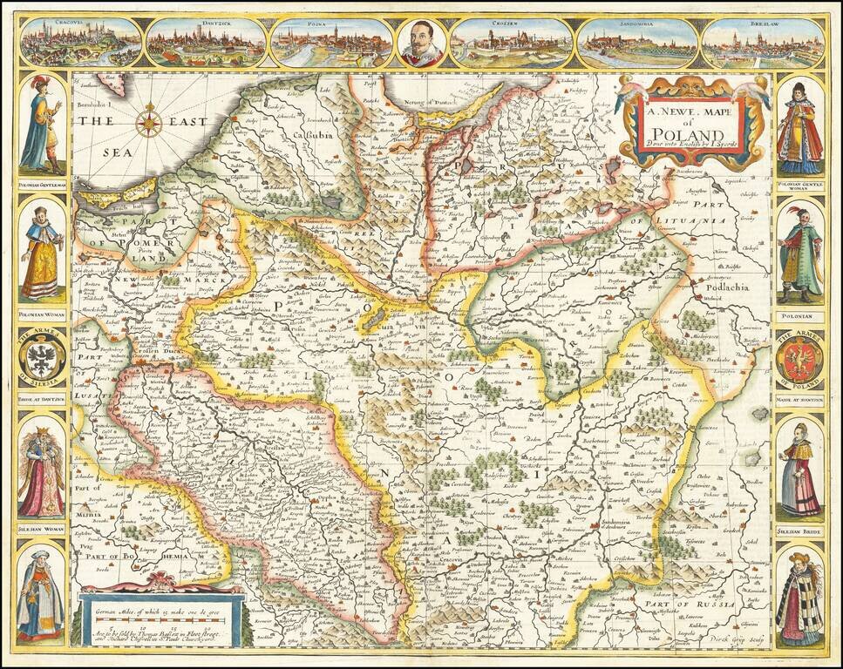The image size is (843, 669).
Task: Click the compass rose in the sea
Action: [x=150, y=120]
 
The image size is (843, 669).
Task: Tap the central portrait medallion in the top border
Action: [x=422, y=41]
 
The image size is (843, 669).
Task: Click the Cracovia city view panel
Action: [x=80, y=42]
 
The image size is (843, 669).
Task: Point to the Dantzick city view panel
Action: [x=206, y=42]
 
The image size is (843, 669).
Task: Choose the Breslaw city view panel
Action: [x=763, y=42]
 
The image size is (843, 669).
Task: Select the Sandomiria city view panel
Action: [x=637, y=42]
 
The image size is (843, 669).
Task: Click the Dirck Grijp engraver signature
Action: [x=732, y=638]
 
